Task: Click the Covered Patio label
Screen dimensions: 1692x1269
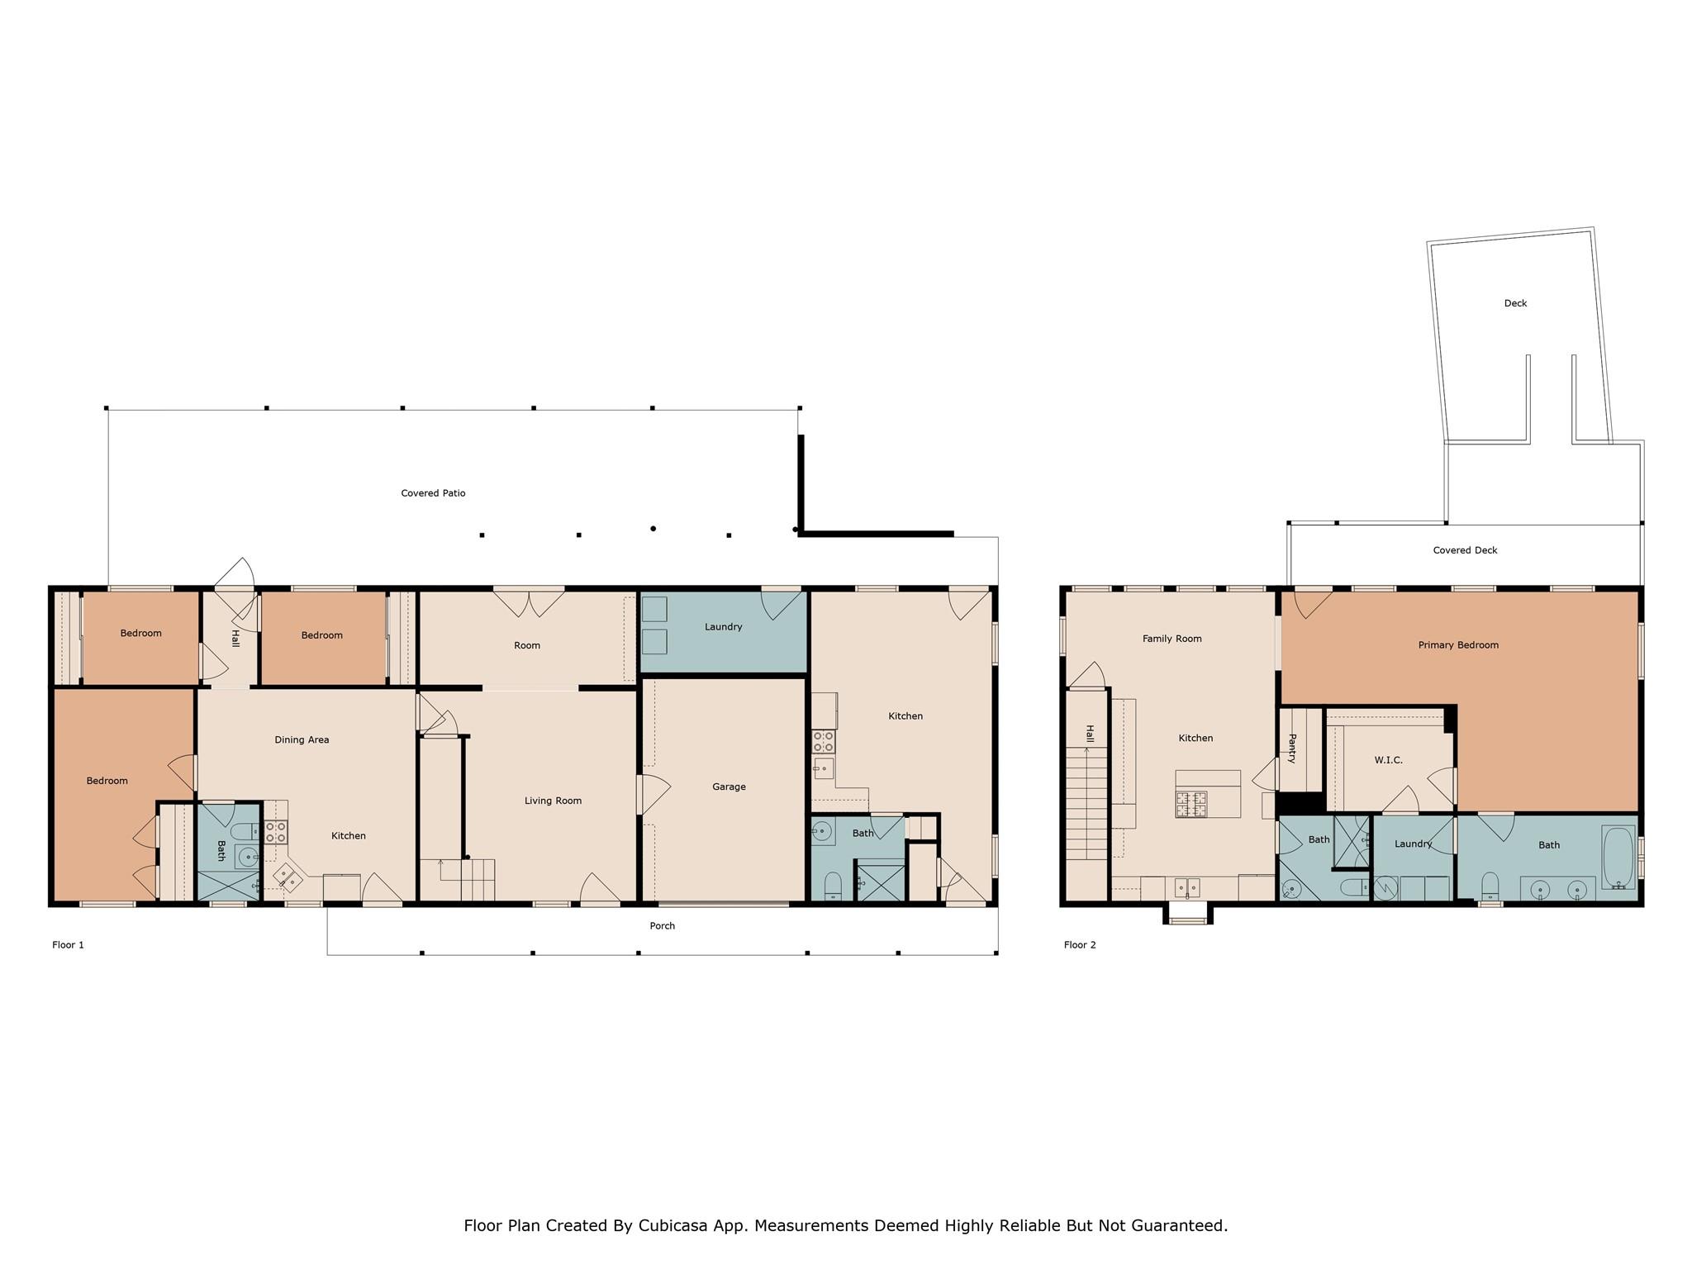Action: tap(433, 493)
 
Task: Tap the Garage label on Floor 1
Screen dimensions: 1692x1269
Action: tap(729, 787)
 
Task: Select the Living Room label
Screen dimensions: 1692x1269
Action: tap(553, 801)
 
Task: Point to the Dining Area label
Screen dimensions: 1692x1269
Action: tap(302, 740)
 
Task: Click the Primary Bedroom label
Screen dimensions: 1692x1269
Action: tap(1458, 645)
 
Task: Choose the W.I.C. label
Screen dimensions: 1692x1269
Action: tap(1388, 760)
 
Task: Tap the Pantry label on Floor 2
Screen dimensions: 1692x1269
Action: tap(1291, 749)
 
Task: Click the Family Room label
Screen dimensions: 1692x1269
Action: tap(1172, 639)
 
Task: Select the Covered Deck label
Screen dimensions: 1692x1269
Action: tap(1465, 550)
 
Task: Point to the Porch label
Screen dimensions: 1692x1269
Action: tap(662, 926)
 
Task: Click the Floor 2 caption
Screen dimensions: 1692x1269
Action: tap(1080, 945)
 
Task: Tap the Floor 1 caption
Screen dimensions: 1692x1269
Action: tap(68, 945)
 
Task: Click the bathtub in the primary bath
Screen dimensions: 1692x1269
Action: tap(1618, 857)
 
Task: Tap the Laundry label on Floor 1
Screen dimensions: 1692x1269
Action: tap(723, 627)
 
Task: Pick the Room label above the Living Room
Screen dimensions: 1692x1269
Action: tap(527, 646)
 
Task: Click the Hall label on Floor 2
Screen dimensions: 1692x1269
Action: tap(1090, 734)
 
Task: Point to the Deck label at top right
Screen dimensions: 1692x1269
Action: tap(1515, 303)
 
